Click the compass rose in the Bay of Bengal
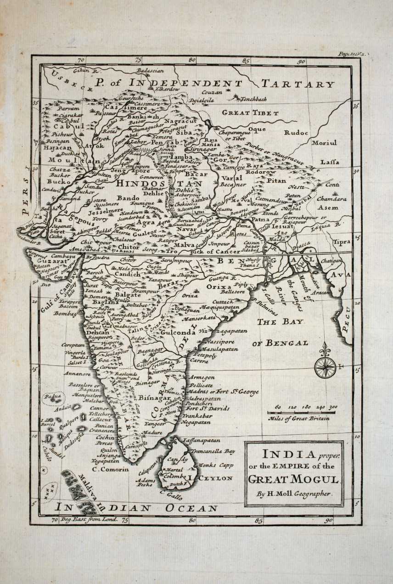click(x=325, y=366)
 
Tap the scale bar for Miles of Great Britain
click(x=301, y=413)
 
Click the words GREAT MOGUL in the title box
click(x=294, y=479)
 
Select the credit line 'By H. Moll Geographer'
click(x=294, y=494)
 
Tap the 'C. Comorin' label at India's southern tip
click(x=107, y=469)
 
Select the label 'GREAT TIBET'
click(x=250, y=112)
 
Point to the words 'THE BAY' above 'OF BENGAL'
click(x=280, y=322)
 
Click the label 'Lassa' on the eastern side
click(x=330, y=162)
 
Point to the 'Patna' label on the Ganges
click(x=260, y=219)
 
